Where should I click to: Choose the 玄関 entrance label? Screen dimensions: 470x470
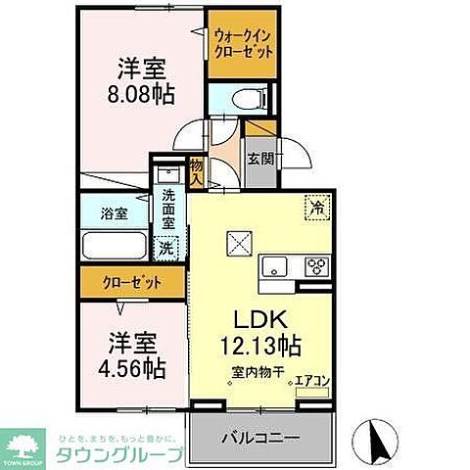click(259, 159)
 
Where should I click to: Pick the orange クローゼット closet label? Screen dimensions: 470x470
click(132, 284)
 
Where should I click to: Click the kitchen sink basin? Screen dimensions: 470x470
click(273, 263)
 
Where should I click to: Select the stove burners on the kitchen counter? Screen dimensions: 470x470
click(316, 263)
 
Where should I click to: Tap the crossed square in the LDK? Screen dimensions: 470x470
click(238, 241)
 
